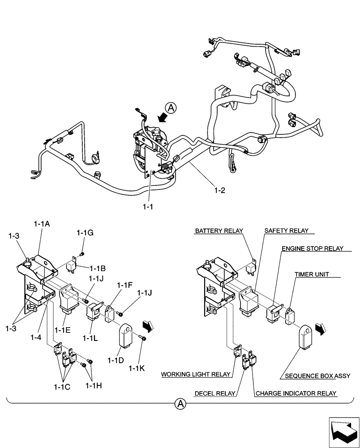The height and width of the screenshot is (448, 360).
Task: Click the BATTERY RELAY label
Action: pos(219,231)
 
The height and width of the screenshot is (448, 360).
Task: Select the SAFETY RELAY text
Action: pos(286,231)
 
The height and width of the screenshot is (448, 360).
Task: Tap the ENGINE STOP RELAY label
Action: pos(312,248)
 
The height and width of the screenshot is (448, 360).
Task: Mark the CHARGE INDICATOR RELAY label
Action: pos(296,394)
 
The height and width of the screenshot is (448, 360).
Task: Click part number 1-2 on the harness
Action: pos(220,190)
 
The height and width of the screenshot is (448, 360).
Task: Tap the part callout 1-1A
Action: pos(41,223)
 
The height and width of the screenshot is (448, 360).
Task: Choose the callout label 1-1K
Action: pos(137,368)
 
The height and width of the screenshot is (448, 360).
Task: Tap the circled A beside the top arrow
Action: pos(170,108)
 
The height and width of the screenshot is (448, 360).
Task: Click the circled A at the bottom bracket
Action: pos(180,404)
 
